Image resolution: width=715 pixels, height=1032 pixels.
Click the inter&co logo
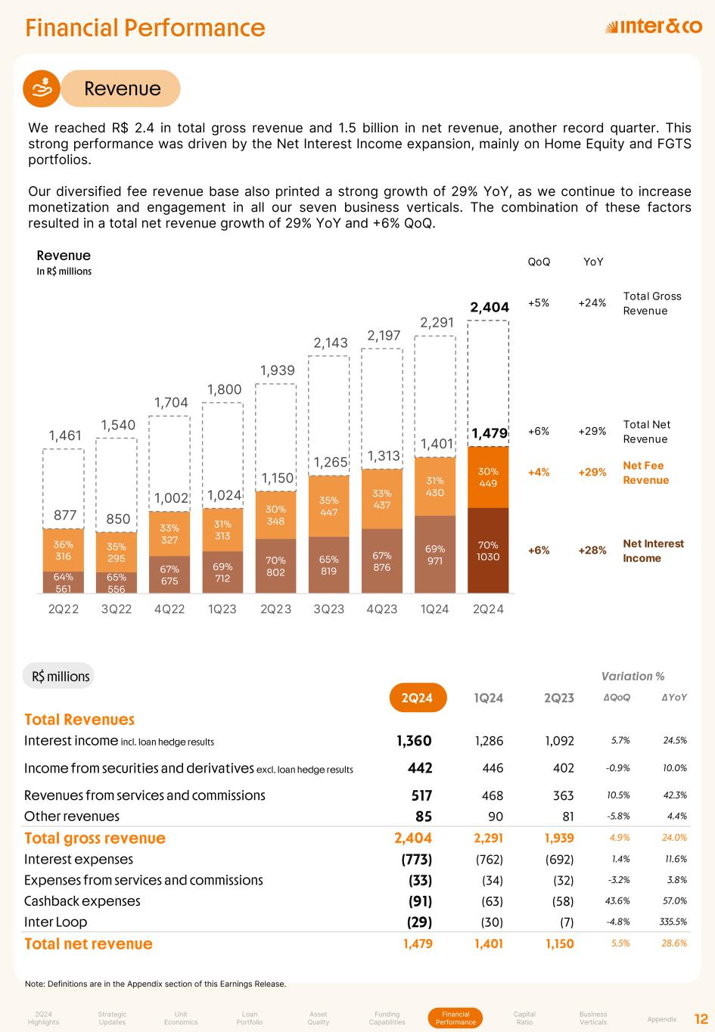point(654,27)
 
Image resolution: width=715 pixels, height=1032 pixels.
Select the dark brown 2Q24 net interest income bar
point(488,550)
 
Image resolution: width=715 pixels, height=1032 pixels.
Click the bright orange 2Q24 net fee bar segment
point(488,477)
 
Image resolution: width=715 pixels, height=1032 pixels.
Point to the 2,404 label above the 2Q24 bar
point(490,307)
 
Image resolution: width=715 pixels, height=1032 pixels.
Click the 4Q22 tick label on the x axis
point(169,609)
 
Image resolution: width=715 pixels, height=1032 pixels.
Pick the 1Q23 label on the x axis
point(222,609)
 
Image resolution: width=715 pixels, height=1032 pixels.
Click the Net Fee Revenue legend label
point(645,473)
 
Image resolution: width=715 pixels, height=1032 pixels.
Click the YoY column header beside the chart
point(593,262)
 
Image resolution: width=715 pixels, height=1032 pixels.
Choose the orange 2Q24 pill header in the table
point(417,697)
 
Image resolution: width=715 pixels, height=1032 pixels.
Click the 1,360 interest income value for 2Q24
point(414,741)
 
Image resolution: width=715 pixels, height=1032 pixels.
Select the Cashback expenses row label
point(82,901)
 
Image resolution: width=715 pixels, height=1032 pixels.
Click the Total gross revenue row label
point(95,838)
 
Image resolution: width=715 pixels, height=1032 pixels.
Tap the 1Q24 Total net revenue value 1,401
point(488,944)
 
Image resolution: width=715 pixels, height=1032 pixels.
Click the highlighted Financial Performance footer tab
point(455,1018)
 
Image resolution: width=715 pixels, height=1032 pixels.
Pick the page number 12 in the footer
point(701,1018)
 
